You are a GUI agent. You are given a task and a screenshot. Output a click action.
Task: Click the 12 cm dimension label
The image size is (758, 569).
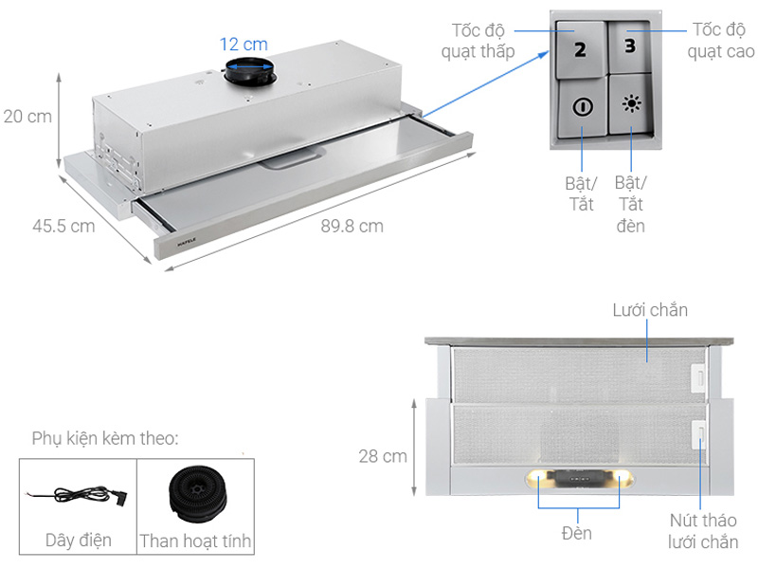(x=244, y=45)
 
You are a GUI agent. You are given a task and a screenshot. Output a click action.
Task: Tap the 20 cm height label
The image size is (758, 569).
(x=27, y=117)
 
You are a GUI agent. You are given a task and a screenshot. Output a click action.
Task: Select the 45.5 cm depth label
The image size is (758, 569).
(x=63, y=226)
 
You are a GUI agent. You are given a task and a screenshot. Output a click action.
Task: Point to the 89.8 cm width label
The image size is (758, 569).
(x=351, y=226)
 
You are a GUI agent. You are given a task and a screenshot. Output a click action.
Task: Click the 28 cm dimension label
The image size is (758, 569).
(x=383, y=456)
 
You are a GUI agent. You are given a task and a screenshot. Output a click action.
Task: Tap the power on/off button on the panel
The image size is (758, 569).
(x=582, y=105)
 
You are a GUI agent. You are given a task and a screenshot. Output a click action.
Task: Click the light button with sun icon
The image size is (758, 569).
(x=630, y=104)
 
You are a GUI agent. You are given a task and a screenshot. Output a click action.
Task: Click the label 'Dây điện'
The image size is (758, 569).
(x=79, y=540)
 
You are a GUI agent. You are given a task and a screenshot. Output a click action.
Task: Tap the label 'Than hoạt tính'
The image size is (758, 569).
(x=196, y=541)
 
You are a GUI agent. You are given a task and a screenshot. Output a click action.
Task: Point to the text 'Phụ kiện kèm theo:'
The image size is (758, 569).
(x=105, y=438)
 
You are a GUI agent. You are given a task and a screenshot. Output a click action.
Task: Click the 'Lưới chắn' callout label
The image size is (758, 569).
(x=650, y=310)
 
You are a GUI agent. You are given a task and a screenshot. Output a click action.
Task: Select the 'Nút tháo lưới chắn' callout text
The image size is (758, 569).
(x=703, y=530)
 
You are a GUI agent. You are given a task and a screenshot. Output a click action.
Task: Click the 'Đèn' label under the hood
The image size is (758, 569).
(x=576, y=533)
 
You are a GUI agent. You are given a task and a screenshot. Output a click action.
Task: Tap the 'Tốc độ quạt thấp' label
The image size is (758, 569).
(x=478, y=41)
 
